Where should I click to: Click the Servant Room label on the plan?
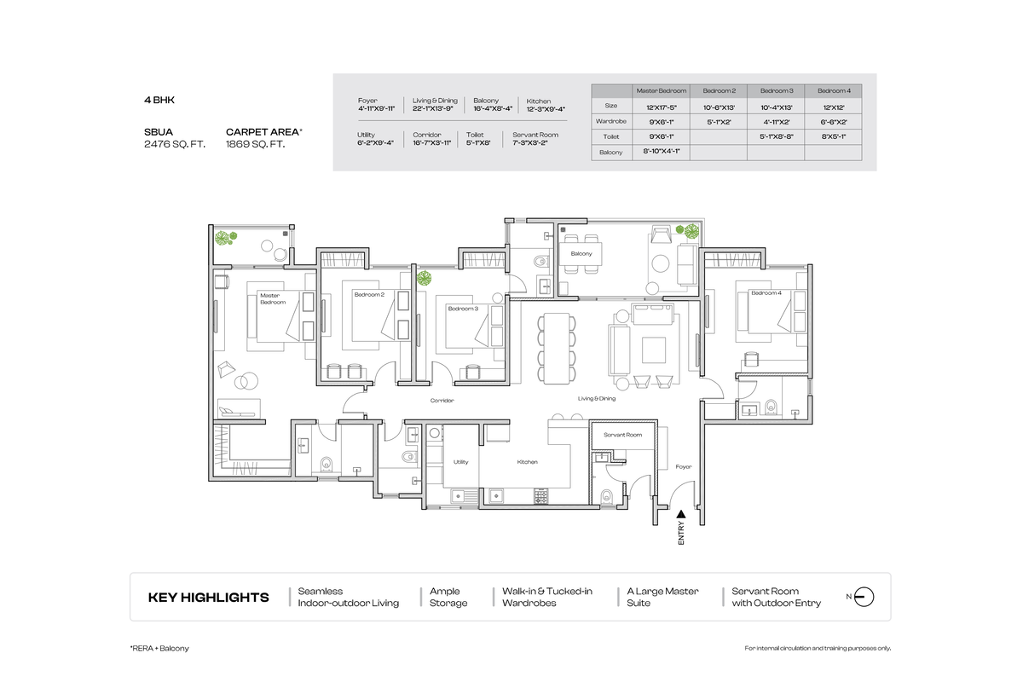[x=622, y=435]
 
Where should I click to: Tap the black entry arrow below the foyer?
[x=680, y=514]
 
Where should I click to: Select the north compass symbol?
[x=863, y=597]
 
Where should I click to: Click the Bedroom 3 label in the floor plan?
[x=462, y=308]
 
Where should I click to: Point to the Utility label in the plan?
[x=461, y=461]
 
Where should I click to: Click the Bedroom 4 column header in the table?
[x=833, y=90]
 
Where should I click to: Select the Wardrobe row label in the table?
[x=611, y=121]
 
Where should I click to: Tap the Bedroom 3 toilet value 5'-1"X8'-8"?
[x=776, y=136]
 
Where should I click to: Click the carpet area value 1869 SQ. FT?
[x=255, y=145]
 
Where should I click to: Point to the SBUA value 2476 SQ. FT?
[x=175, y=145]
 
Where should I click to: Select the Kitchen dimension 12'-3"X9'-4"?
[x=546, y=109]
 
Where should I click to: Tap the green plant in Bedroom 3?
[x=421, y=276]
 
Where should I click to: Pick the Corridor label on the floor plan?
[x=442, y=400]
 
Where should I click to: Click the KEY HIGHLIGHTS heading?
[x=208, y=598]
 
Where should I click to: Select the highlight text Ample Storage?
[x=448, y=597]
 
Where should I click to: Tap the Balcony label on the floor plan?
[x=581, y=254]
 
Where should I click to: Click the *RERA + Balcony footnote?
[x=159, y=648]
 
